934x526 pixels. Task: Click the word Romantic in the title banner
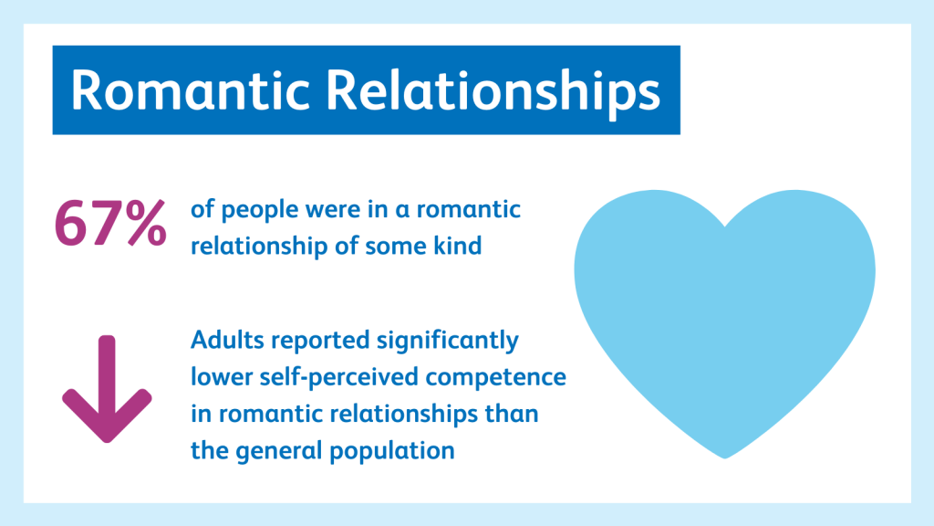(191, 89)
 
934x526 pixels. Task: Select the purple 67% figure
(110, 223)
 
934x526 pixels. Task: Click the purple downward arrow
(108, 389)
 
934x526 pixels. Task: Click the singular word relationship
(259, 247)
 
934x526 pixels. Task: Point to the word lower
(215, 377)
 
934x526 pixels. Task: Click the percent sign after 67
(146, 223)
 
